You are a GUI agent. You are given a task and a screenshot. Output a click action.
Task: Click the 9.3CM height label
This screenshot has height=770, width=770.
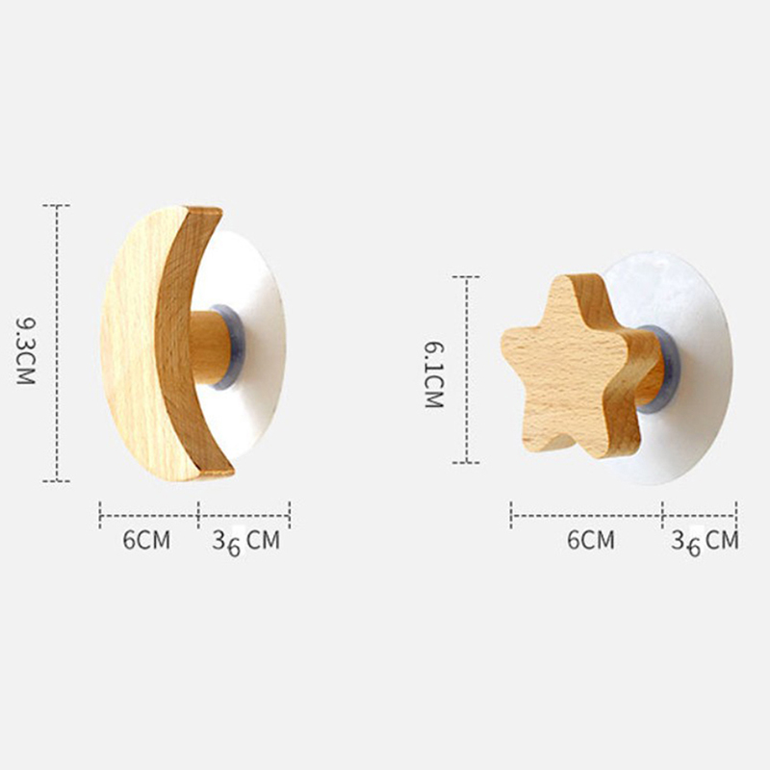tap(26, 351)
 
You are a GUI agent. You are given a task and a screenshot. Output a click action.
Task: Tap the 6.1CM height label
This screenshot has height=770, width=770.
tap(434, 375)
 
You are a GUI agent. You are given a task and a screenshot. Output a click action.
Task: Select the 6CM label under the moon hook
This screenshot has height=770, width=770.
tap(146, 540)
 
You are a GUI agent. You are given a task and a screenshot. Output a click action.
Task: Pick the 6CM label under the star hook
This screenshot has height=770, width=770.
tap(591, 540)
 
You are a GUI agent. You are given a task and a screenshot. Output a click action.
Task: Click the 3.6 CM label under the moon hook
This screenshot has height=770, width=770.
tap(246, 542)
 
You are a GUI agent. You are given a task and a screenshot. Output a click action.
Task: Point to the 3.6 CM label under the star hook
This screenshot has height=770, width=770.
tap(705, 542)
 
